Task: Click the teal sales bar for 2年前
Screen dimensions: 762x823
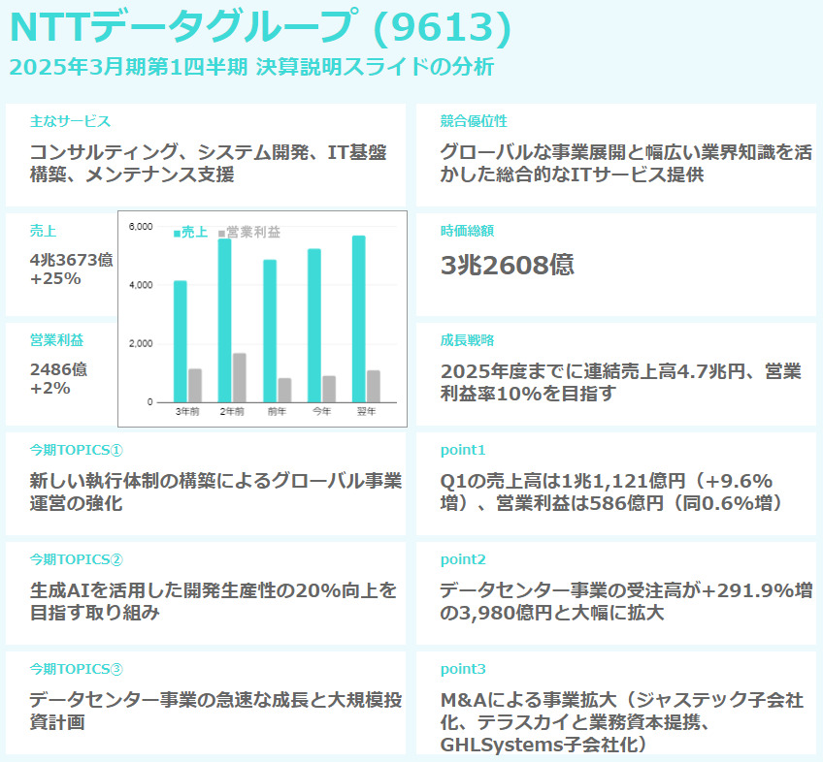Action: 224,320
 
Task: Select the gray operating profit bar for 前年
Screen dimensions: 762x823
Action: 284,390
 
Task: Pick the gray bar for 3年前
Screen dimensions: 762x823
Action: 195,385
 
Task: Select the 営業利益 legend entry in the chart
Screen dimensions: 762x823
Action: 249,233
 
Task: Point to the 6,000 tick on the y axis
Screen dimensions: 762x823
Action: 141,227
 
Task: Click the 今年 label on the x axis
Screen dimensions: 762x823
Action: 321,412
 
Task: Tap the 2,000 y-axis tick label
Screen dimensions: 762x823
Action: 141,344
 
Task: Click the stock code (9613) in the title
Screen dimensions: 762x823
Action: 442,28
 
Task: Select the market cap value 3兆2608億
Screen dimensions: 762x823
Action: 507,266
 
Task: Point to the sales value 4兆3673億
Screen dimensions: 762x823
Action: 71,260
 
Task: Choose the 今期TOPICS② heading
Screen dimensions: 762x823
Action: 77,559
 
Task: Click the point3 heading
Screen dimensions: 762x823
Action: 462,669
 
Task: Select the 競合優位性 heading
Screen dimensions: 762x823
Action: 474,121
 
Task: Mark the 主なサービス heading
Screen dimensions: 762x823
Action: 70,121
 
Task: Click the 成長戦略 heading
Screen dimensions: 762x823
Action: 467,340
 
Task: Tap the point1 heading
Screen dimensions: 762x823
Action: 462,450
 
